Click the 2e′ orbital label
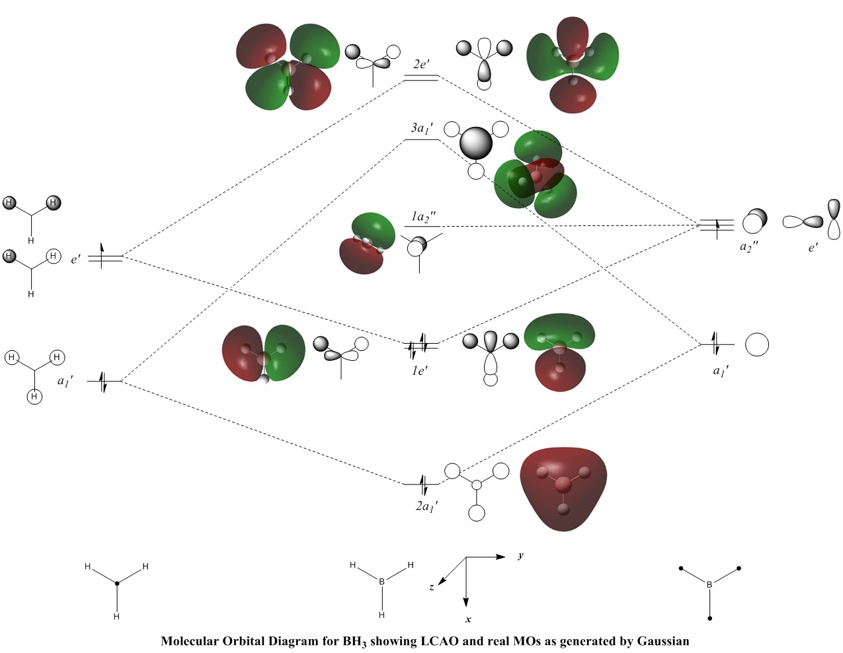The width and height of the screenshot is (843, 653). pyautogui.click(x=421, y=64)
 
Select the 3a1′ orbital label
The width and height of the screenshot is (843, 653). pyautogui.click(x=422, y=128)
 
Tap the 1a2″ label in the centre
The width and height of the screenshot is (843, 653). pyautogui.click(x=423, y=217)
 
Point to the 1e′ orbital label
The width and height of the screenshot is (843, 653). pyautogui.click(x=420, y=370)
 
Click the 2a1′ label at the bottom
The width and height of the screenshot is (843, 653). pyautogui.click(x=426, y=506)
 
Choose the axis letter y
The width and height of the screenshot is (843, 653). pyautogui.click(x=521, y=556)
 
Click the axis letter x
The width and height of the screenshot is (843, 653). pyautogui.click(x=468, y=619)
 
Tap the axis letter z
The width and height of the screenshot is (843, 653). pyautogui.click(x=431, y=587)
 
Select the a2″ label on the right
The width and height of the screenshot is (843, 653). pyautogui.click(x=749, y=247)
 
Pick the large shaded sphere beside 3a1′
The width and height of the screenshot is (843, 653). pyautogui.click(x=476, y=143)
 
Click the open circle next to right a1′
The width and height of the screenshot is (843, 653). pyautogui.click(x=757, y=344)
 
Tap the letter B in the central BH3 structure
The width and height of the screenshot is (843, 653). pyautogui.click(x=381, y=582)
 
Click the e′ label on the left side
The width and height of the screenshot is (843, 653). pyautogui.click(x=76, y=259)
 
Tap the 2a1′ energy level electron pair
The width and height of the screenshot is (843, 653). pyautogui.click(x=424, y=484)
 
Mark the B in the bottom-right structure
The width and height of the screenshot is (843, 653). pyautogui.click(x=709, y=584)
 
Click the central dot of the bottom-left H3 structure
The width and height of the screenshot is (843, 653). pyautogui.click(x=117, y=583)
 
